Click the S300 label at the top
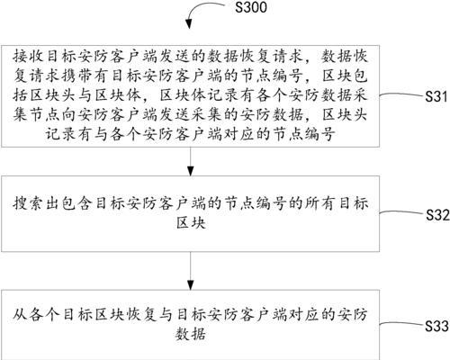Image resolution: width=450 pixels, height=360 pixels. pyautogui.click(x=251, y=7)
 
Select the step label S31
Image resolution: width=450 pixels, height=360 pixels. pyautogui.click(x=436, y=96)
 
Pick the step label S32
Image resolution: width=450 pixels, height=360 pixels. pyautogui.click(x=437, y=215)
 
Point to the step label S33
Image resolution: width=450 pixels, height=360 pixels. pyautogui.click(x=436, y=326)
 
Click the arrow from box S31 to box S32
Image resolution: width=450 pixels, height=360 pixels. pyautogui.click(x=190, y=161)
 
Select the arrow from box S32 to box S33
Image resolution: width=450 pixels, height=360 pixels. pyautogui.click(x=190, y=271)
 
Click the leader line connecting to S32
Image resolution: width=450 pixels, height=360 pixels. pyautogui.click(x=402, y=212)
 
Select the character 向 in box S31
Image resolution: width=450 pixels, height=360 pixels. pyautogui.click(x=70, y=115)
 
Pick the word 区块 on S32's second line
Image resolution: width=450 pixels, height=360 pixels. pyautogui.click(x=191, y=223)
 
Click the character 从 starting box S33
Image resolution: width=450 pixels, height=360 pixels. pyautogui.click(x=21, y=315)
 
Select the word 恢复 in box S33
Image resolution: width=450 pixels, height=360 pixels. pyautogui.click(x=141, y=315)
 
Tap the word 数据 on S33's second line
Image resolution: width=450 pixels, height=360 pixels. pyautogui.click(x=191, y=334)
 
